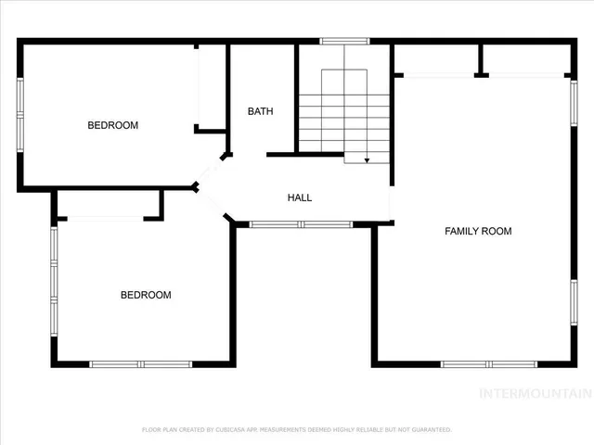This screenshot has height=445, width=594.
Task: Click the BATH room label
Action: coord(260,111)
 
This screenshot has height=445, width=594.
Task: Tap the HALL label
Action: coord(300,197)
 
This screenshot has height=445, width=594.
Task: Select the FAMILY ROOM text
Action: coord(478,231)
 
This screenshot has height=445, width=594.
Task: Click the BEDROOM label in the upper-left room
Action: coord(113,125)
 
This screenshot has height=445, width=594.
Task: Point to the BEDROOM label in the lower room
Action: coord(146,295)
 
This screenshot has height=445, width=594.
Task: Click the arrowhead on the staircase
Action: coord(367,160)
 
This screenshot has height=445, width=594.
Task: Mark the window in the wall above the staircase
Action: coord(344,41)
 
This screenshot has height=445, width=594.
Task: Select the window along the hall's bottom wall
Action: coord(302,223)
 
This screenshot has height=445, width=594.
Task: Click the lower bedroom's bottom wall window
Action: coord(140,364)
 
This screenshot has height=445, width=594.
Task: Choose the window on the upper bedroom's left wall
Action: coord(20,113)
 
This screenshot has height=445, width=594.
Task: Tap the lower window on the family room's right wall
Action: coord(574,305)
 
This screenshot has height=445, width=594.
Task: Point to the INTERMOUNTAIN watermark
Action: coord(535,393)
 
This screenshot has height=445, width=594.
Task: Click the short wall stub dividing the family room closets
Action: coord(481,61)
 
